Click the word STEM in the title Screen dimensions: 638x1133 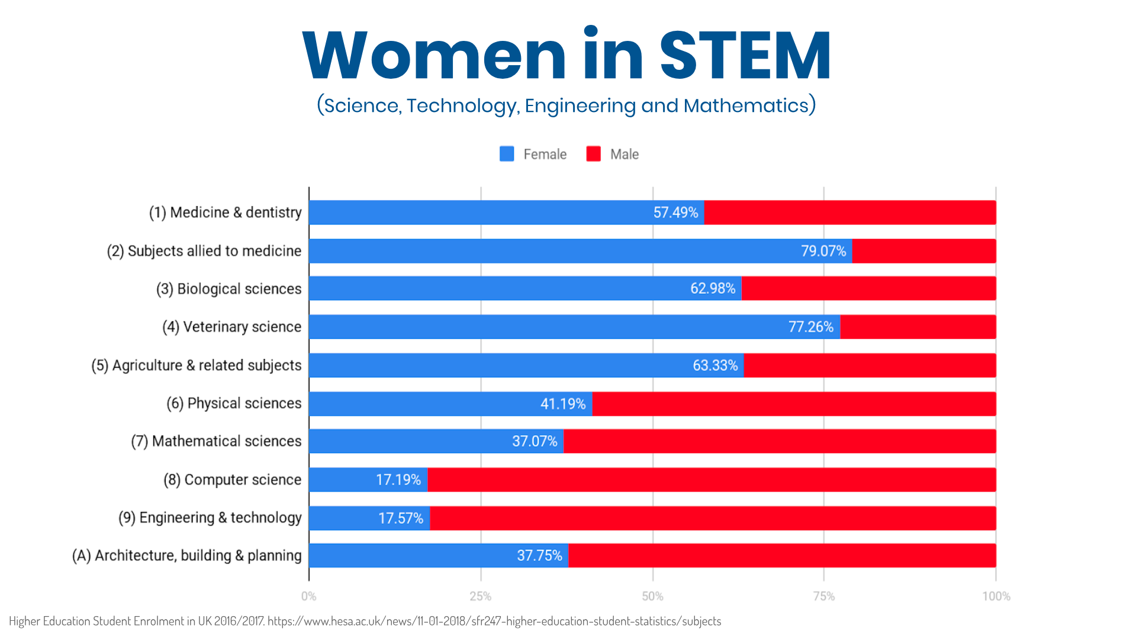745,56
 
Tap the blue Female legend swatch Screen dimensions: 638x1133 507,154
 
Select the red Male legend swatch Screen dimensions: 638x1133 593,154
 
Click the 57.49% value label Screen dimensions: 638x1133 675,213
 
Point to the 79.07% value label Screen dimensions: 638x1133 823,251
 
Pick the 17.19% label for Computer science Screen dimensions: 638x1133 398,480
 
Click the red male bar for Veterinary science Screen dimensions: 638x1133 918,327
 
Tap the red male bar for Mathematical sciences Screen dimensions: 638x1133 779,441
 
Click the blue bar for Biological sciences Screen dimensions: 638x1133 497,288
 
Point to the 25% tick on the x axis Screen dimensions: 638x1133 481,597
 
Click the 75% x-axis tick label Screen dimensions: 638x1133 823,597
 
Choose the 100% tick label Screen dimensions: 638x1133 996,597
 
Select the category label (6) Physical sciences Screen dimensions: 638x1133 234,403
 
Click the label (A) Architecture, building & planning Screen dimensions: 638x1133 187,556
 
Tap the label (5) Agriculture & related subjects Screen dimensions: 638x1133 197,366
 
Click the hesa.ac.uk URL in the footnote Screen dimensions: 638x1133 494,621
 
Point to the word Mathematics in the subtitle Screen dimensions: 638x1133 746,105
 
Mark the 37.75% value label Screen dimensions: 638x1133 539,556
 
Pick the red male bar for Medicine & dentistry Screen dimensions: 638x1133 849,213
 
